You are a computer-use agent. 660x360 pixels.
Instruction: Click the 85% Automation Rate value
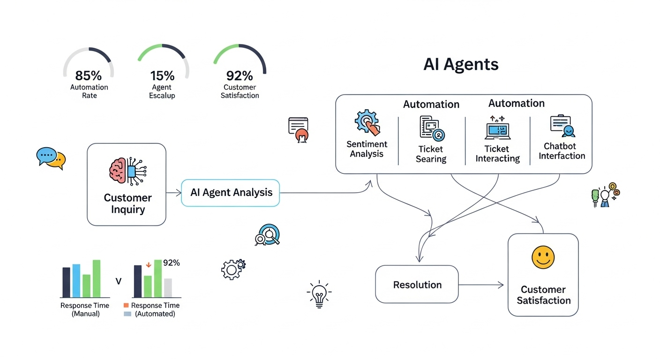[89, 75]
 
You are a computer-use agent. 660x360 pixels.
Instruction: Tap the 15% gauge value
[162, 75]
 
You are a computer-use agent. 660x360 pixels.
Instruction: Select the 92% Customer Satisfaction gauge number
[240, 75]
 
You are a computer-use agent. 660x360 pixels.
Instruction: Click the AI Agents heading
[460, 64]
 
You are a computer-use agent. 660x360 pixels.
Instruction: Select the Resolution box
[417, 285]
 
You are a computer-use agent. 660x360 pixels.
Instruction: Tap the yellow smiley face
[543, 258]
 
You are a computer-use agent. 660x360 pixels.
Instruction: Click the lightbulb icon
[319, 294]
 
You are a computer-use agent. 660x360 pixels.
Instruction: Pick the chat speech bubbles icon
[51, 157]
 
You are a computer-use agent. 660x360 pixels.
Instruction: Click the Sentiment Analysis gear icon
[366, 122]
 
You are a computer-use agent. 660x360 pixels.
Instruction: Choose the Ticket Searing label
[431, 154]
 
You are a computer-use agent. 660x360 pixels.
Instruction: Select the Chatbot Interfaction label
[562, 151]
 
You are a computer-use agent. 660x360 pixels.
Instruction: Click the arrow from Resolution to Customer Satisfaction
[482, 285]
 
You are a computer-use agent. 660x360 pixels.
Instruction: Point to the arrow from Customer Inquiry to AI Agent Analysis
[173, 193]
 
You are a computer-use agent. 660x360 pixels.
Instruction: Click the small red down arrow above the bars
[149, 265]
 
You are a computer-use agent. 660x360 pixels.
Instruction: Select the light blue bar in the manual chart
[76, 281]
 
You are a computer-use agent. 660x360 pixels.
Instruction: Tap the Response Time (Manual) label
[85, 309]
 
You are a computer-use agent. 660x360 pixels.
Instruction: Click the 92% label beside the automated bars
[171, 263]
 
